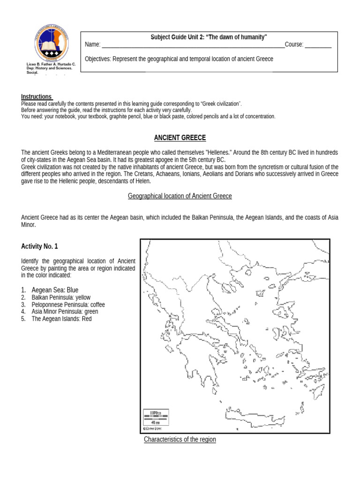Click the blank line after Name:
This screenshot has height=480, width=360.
coord(193,46)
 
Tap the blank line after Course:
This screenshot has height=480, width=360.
coord(318,46)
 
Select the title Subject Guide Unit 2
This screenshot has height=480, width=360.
coord(209,37)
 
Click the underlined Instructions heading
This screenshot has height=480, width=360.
coord(37,97)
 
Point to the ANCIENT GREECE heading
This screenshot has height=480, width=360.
coord(180,137)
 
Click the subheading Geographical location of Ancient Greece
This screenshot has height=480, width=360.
coord(180,196)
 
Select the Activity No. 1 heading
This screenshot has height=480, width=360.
coord(40,247)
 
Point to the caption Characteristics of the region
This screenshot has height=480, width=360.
coord(180,440)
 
